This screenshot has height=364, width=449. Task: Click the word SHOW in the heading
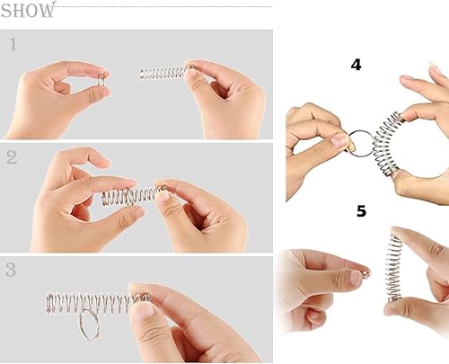coord(28,11)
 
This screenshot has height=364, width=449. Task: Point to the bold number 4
coord(356,66)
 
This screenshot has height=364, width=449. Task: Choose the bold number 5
coord(360,211)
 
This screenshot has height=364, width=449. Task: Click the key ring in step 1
coord(102,80)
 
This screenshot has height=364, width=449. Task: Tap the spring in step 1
coord(164,72)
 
